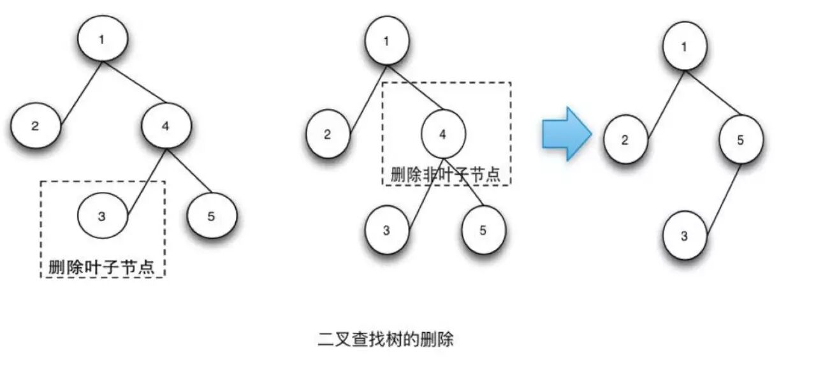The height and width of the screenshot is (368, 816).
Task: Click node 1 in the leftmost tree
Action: [x=103, y=38]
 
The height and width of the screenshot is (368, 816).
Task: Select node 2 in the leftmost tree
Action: [x=36, y=126]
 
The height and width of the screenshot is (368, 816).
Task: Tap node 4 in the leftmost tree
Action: [x=166, y=126]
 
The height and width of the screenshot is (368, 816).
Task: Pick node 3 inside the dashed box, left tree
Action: [x=103, y=216]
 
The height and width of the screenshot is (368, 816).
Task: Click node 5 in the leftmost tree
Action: [x=212, y=216]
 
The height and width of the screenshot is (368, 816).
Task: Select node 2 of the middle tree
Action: [x=328, y=134]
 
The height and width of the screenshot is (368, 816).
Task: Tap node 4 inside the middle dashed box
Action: [x=444, y=134]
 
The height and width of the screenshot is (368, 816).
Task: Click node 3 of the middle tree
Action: [x=387, y=230]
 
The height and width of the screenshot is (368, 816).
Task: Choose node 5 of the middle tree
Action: [x=483, y=230]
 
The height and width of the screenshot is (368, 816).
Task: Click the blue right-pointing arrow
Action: [x=565, y=134]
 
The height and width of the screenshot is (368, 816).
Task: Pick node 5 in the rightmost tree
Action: [x=741, y=140]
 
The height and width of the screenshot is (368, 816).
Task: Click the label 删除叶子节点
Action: [x=102, y=266]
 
